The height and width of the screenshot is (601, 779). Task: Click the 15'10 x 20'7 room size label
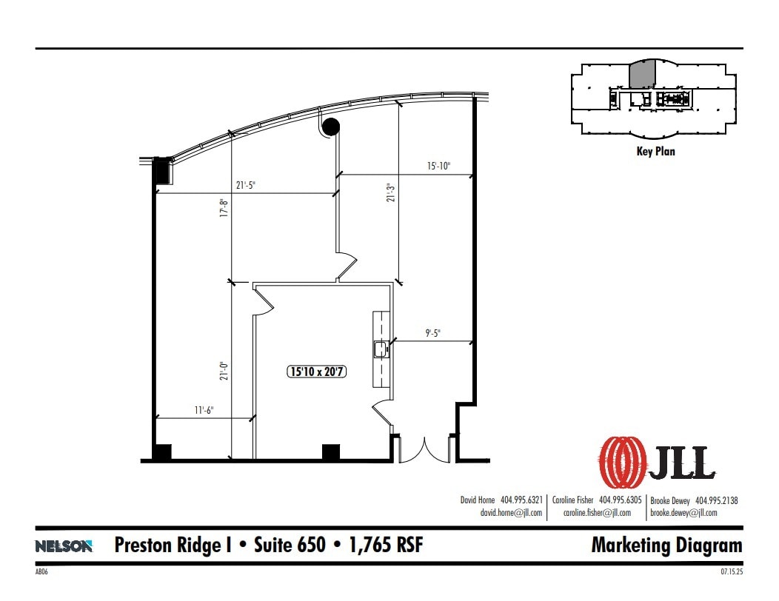click(x=317, y=372)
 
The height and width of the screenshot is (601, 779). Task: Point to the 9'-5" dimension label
click(x=433, y=333)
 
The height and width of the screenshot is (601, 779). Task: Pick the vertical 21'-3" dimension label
click(x=389, y=193)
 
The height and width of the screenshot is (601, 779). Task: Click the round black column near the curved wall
click(x=331, y=127)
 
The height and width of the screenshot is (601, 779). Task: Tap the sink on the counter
click(x=381, y=347)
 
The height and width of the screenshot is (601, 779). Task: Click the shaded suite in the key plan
click(x=642, y=74)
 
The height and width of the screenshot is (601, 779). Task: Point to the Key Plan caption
click(x=655, y=152)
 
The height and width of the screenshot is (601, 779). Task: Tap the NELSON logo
click(x=64, y=546)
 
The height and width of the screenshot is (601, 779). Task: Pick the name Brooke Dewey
click(x=670, y=500)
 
